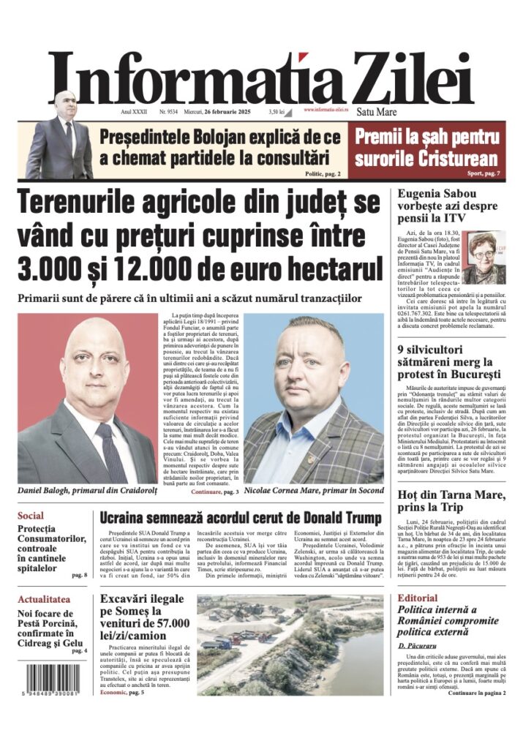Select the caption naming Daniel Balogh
(86, 490)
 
